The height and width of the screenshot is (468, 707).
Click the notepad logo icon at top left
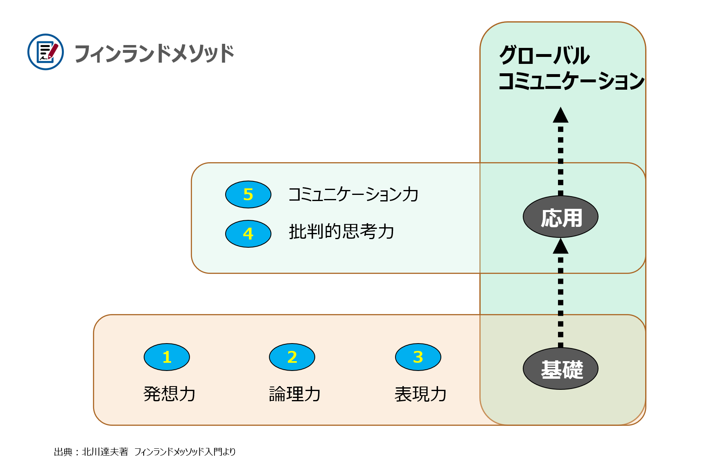coord(45,52)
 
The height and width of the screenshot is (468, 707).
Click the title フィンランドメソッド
coord(154,54)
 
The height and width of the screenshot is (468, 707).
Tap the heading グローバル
coord(544,55)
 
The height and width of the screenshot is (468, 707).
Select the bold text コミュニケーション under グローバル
coord(571,81)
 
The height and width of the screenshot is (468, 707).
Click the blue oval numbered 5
coord(248,194)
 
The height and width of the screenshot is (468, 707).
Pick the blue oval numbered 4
coord(248,234)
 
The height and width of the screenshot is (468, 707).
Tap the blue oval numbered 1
coord(167,357)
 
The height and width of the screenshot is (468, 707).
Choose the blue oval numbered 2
coord(292,357)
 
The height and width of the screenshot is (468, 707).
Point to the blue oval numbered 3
coord(418,357)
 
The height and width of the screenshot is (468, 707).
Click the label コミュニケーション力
coord(354,194)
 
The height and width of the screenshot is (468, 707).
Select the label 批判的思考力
coord(342,232)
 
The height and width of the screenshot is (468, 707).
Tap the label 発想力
coord(169,394)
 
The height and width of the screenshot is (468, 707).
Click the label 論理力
coord(295,394)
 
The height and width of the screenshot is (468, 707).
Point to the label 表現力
coord(420,394)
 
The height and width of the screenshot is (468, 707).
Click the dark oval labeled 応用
coord(560,217)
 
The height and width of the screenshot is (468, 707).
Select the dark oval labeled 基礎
coord(560,369)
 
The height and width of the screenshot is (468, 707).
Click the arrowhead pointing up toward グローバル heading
coord(560,115)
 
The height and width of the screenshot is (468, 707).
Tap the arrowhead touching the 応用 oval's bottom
coord(560,246)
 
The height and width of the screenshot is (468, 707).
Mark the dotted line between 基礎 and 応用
coord(560,301)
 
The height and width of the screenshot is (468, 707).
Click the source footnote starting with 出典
coord(145,452)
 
